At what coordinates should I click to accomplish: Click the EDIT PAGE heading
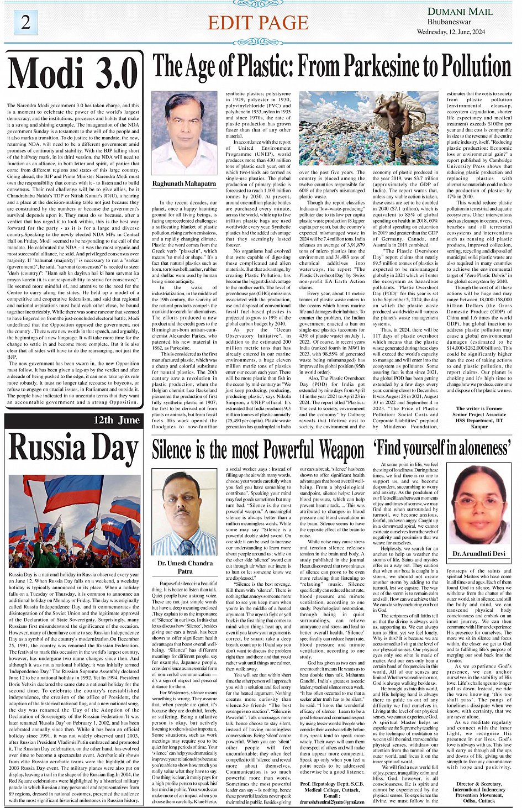(x=258, y=23)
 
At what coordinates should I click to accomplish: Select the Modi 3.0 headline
(x=73, y=74)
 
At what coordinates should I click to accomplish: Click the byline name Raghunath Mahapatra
(x=184, y=183)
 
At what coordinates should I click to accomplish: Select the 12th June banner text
(x=117, y=420)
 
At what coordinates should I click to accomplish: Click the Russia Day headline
(x=73, y=448)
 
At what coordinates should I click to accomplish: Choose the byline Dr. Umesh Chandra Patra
(x=184, y=567)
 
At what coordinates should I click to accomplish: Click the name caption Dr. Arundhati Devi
(x=479, y=553)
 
